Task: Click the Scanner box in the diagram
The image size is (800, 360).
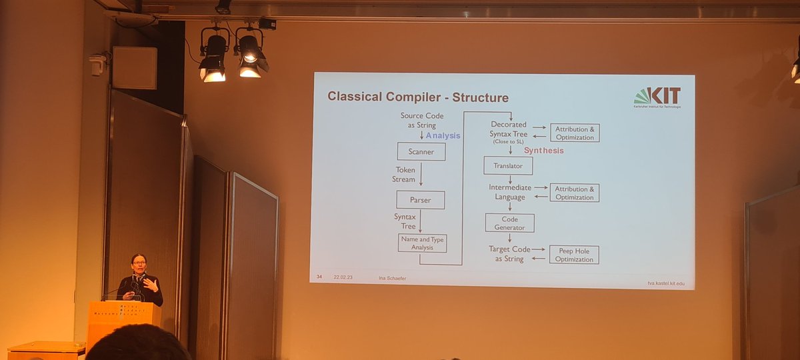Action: coord(421,151)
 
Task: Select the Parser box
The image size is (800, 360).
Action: coord(420,199)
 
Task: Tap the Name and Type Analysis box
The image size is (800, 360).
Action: coord(422,243)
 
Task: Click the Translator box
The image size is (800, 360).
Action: coord(507,165)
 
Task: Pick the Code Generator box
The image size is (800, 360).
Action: coord(509,223)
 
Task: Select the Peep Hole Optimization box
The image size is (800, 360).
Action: coord(574,255)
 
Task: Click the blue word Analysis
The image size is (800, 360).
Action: coord(443,135)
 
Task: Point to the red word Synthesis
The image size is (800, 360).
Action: coord(543,151)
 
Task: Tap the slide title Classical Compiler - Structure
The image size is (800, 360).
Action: coord(417,97)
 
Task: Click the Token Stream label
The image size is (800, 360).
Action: coord(404,175)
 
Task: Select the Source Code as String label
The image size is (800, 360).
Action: coord(421,120)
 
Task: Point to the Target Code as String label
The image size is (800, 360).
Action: coord(509,253)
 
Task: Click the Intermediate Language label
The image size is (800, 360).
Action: coord(510,192)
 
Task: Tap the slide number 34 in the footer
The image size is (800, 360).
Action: coord(319,277)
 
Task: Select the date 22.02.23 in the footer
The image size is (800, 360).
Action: coord(343,277)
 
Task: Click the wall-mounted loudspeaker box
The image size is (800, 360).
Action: coord(134,67)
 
